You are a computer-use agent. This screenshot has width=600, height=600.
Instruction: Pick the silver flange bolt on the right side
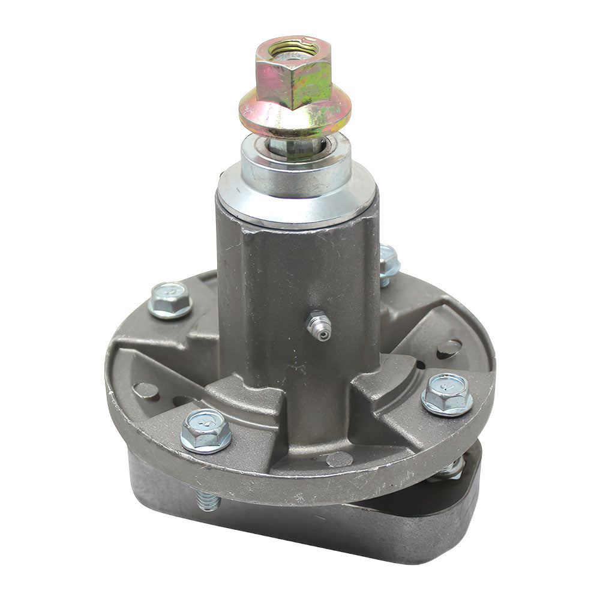tap(446, 394)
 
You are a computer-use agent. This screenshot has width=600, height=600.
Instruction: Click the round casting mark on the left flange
tap(146, 391)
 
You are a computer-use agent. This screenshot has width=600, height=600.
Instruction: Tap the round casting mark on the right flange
tap(449, 348)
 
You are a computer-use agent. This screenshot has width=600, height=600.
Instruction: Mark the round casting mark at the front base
tap(340, 459)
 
